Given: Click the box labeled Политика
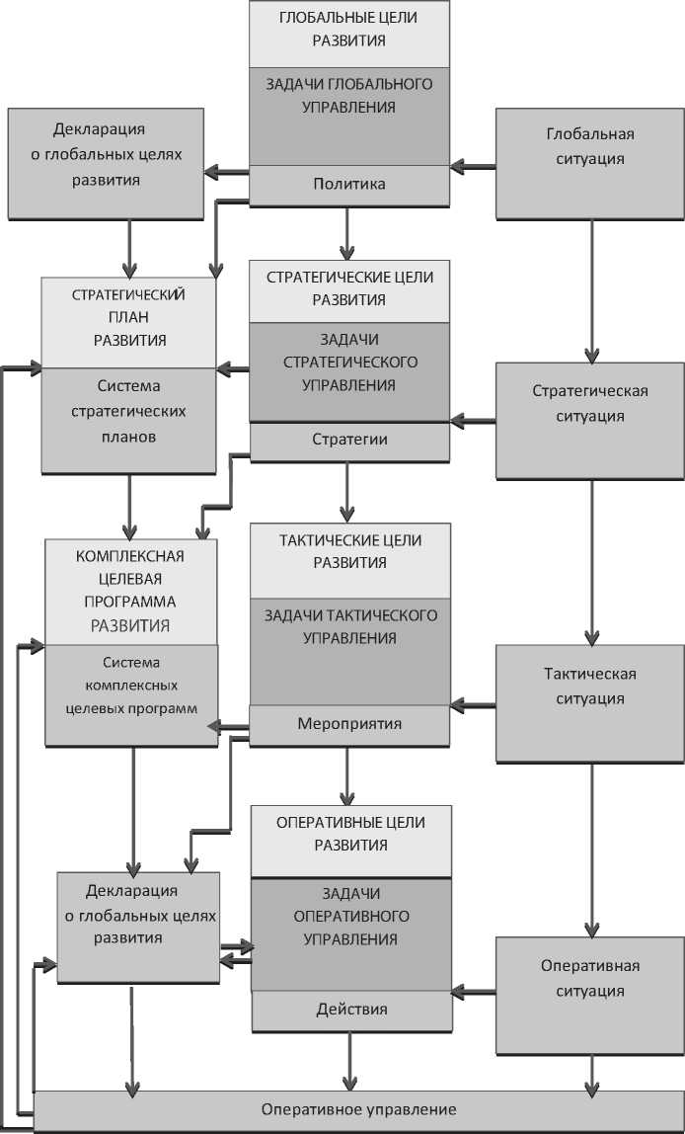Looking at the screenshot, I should (348, 185).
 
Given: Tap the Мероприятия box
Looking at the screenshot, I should (348, 724).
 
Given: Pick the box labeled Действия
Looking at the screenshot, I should (350, 1010).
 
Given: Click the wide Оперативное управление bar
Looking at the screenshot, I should (359, 1110).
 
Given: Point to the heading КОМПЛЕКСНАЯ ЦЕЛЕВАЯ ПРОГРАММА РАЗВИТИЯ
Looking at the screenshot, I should (130, 591).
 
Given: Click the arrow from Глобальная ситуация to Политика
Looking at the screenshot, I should (473, 168).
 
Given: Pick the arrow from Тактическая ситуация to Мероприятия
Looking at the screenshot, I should (473, 705).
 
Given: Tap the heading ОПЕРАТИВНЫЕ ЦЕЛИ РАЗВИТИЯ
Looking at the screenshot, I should (350, 834).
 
